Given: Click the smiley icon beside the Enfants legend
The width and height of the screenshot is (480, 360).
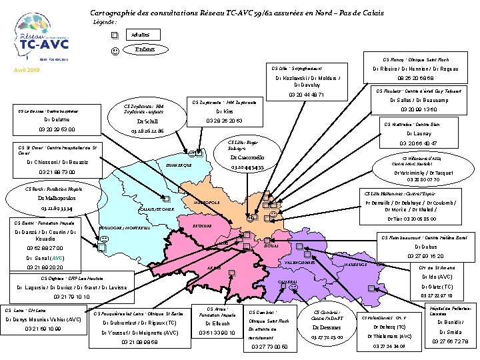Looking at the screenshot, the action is (x=115, y=50).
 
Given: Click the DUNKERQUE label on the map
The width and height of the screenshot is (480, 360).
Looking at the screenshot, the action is (x=178, y=165).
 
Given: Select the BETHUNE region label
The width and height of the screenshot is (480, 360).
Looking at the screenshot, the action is (x=193, y=226).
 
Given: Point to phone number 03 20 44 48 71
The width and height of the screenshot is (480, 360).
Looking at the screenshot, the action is (x=306, y=95).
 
